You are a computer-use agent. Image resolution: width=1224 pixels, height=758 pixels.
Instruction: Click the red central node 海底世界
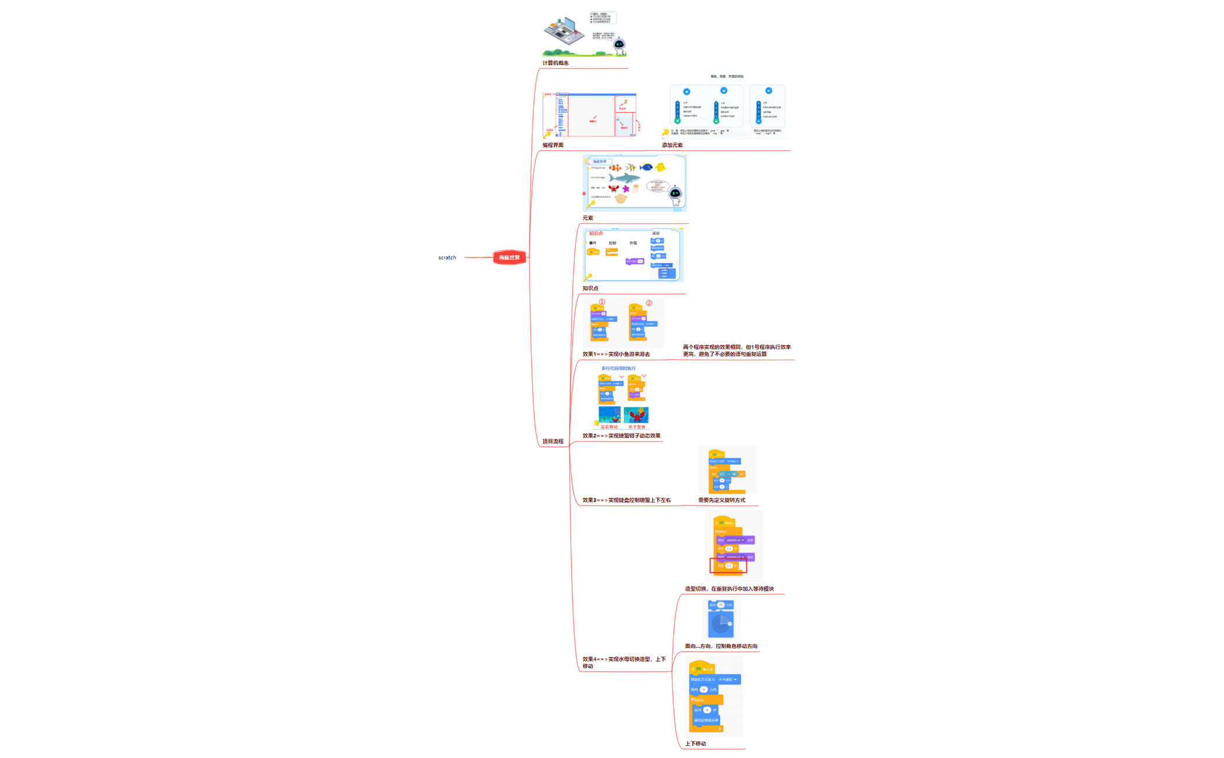[x=509, y=257]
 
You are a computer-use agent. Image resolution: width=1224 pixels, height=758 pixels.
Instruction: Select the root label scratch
[x=447, y=258]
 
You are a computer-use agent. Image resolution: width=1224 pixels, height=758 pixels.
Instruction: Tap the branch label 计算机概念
[x=555, y=63]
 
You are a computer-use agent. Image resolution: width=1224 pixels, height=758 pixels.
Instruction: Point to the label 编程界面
[x=553, y=145]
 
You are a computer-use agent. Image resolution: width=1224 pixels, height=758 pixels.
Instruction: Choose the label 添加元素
[x=672, y=145]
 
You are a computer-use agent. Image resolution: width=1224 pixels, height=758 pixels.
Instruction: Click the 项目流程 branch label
[x=553, y=441]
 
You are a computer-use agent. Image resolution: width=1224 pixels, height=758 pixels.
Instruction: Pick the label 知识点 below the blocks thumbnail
[x=590, y=288]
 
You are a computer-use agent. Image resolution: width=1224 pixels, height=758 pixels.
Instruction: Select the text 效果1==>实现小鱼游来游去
[x=616, y=354]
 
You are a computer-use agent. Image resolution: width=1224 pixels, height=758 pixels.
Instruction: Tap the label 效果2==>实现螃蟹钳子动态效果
[x=621, y=436]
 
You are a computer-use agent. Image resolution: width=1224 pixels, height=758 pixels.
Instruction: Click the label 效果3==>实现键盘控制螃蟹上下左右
[x=627, y=500]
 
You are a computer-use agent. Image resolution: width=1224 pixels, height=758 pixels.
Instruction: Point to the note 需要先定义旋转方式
[x=722, y=500]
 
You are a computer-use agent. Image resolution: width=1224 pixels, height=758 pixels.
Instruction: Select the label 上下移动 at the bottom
[x=695, y=743]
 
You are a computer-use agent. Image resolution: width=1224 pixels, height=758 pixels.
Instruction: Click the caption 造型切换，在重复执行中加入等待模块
[x=729, y=589]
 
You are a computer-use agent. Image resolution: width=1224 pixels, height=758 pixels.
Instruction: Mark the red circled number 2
[x=649, y=303]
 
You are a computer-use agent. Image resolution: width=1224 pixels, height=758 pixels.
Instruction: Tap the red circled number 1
[x=602, y=302]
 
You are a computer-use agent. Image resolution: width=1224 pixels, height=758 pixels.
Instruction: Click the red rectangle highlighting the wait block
[x=728, y=566]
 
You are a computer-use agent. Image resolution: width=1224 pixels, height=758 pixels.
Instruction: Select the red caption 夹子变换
[x=636, y=427]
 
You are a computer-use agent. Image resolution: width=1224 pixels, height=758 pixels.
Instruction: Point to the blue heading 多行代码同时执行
[x=618, y=369]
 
